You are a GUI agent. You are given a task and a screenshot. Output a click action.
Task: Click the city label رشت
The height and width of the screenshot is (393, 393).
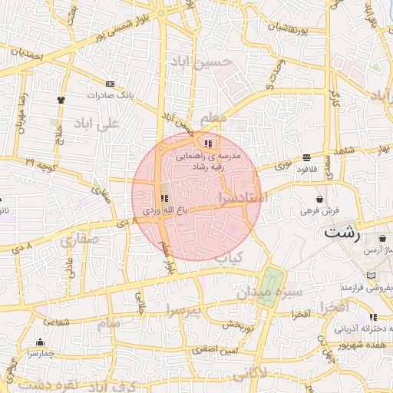(x=342, y=234)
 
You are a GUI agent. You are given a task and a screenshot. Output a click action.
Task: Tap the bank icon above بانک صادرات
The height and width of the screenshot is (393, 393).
(x=111, y=83)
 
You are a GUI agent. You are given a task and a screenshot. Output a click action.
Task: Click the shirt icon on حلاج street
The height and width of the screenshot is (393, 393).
(x=61, y=100)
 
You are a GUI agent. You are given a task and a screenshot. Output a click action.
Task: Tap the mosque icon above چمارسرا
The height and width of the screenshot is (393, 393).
(x=40, y=342)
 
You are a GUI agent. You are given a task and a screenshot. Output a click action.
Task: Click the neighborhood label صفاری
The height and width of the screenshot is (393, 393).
(x=79, y=242)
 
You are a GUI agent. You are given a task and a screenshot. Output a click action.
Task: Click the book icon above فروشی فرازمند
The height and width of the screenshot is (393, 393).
(x=372, y=276)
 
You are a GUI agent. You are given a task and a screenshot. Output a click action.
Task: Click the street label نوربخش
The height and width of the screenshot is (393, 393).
(x=239, y=326)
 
